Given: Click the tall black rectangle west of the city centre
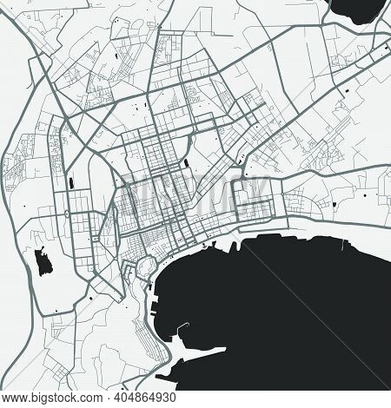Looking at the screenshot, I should [69, 185].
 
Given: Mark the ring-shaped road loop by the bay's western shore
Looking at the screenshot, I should [142, 264].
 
